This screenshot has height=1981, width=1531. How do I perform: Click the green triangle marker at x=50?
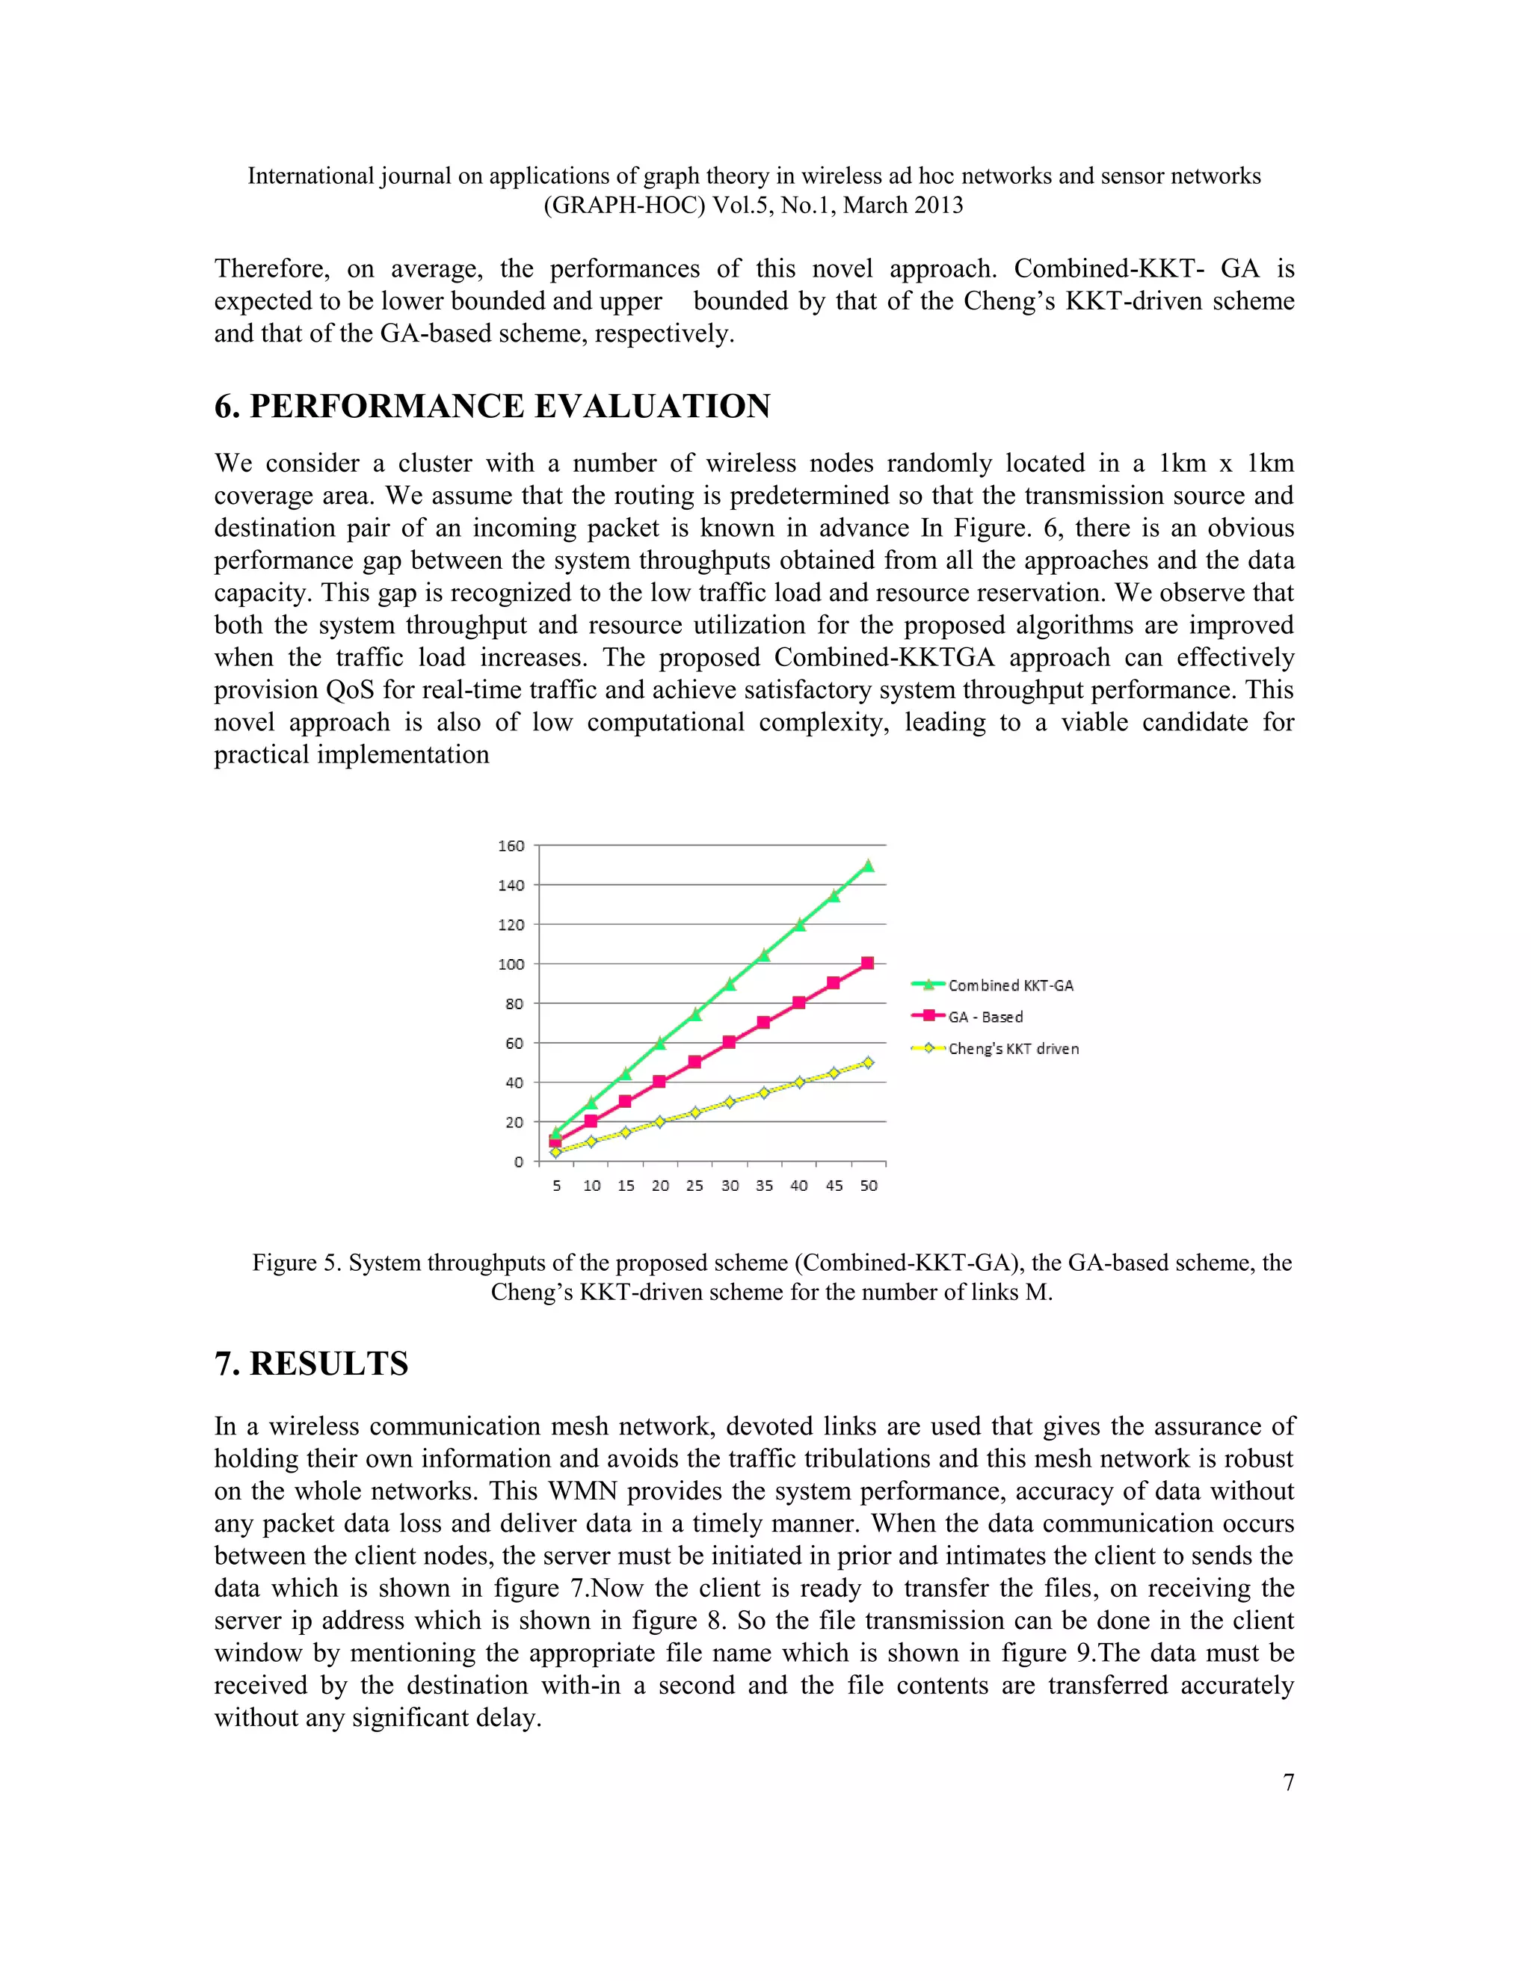pos(868,866)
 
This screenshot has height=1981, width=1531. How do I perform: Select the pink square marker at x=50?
pos(868,964)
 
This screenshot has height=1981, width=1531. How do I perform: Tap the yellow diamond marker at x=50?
pos(868,1062)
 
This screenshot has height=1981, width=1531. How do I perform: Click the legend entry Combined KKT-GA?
pos(1011,985)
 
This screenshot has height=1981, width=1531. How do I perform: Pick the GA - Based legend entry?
pos(985,1017)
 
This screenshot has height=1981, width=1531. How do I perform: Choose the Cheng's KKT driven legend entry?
pos(1013,1049)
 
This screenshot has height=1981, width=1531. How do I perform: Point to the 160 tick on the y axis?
pos(511,845)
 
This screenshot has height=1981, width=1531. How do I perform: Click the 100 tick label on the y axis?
pos(511,964)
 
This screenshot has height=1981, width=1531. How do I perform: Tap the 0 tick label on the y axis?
pos(519,1162)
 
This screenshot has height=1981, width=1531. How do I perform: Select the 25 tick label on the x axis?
pos(694,1186)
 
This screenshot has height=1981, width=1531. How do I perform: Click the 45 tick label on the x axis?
pos(834,1186)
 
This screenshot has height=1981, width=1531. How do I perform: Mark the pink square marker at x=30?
pos(729,1042)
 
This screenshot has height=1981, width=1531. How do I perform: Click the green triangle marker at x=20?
pos(660,1043)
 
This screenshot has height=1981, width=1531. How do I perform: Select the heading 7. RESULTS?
pos(311,1364)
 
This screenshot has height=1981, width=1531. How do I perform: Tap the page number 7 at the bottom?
pos(1288,1782)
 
